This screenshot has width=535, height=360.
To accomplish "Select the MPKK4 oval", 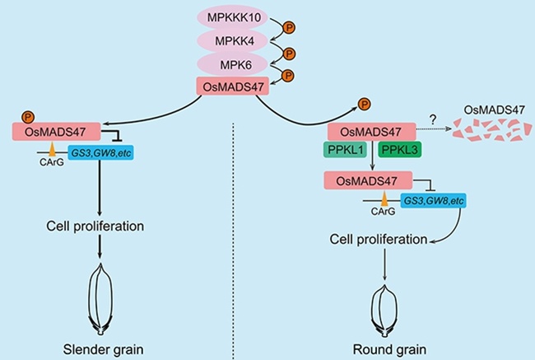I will [233, 40].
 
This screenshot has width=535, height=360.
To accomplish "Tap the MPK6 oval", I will [233, 63].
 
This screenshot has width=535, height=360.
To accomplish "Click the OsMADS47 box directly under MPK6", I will [233, 86].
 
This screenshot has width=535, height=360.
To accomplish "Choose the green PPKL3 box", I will [402, 151].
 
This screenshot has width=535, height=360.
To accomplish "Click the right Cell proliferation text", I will [378, 240].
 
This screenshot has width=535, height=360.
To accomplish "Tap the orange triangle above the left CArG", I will [53, 149].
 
